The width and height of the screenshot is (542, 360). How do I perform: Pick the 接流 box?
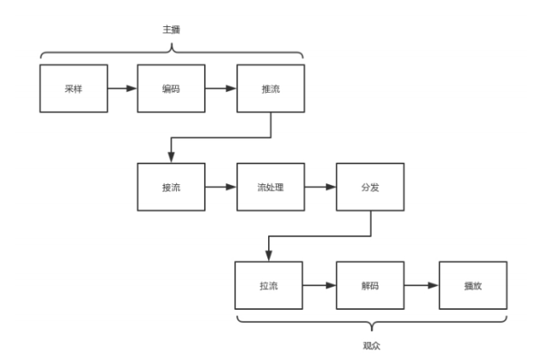tap(171, 187)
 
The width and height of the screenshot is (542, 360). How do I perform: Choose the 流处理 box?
tap(270, 187)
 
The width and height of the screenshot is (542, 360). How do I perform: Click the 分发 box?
tap(368, 187)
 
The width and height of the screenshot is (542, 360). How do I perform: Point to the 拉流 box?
tap(269, 286)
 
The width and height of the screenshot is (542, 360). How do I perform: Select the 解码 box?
tap(368, 286)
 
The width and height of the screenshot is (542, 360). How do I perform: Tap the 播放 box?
tap(472, 286)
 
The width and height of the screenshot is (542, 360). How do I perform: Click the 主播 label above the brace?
tap(171, 30)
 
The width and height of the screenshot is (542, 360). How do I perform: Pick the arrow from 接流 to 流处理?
tap(220, 187)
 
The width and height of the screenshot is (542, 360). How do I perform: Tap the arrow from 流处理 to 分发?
tap(319, 187)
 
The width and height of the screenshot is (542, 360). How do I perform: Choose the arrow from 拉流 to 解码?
tap(319, 286)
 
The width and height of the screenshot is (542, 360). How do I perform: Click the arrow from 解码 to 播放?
tap(420, 286)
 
